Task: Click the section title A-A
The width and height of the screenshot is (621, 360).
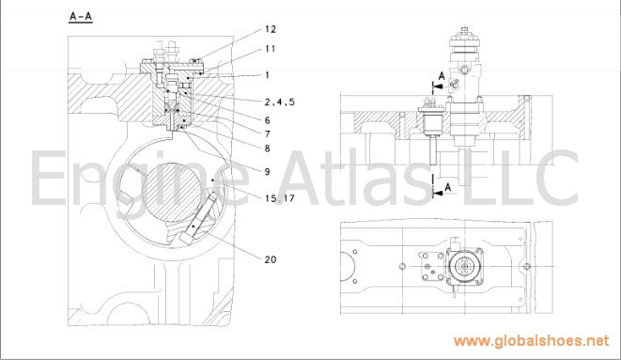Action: pyautogui.click(x=81, y=17)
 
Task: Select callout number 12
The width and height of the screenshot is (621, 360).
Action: pyautogui.click(x=271, y=29)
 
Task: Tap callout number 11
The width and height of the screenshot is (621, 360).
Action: pyautogui.click(x=271, y=49)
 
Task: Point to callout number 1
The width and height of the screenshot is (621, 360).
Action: pyautogui.click(x=268, y=75)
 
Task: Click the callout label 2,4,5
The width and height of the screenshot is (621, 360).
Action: pyautogui.click(x=280, y=102)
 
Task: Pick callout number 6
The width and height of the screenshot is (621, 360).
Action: pyautogui.click(x=268, y=120)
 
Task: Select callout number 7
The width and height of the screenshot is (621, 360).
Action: pyautogui.click(x=268, y=133)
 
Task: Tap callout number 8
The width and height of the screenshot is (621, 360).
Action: pyautogui.click(x=268, y=149)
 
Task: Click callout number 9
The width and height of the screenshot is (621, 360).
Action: pyautogui.click(x=268, y=171)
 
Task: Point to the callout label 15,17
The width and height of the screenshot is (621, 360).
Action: pyautogui.click(x=280, y=198)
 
